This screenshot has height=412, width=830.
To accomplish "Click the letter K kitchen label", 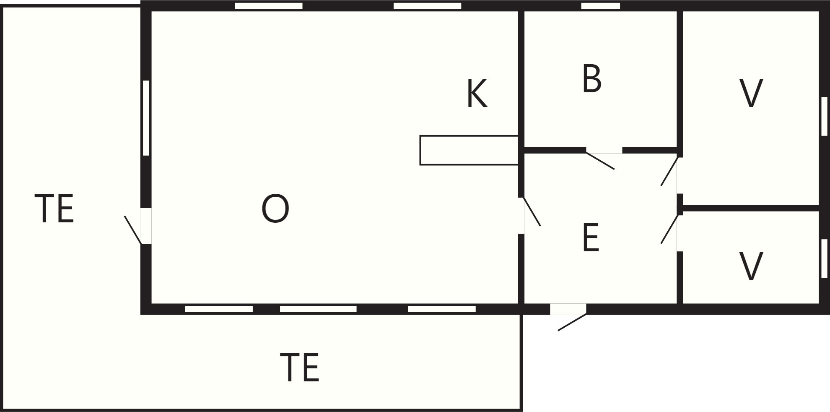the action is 477,94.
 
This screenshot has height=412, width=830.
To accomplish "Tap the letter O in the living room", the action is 275,209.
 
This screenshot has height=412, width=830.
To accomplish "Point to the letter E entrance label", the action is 591,238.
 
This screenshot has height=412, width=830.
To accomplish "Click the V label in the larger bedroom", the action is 751,94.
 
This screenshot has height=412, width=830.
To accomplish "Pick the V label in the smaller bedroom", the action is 751,266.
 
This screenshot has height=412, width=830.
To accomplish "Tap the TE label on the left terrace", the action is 54,209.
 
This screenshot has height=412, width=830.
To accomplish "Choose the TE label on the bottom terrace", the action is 300,368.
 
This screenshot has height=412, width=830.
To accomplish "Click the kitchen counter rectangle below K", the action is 469,150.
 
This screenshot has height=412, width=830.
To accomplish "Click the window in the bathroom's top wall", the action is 600,6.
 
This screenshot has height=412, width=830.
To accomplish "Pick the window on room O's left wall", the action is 146,118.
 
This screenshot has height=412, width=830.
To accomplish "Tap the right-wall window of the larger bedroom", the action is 824,116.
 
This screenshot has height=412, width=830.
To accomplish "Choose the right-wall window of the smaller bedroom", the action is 824,258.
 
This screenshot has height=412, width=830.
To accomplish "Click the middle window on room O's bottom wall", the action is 318,309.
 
